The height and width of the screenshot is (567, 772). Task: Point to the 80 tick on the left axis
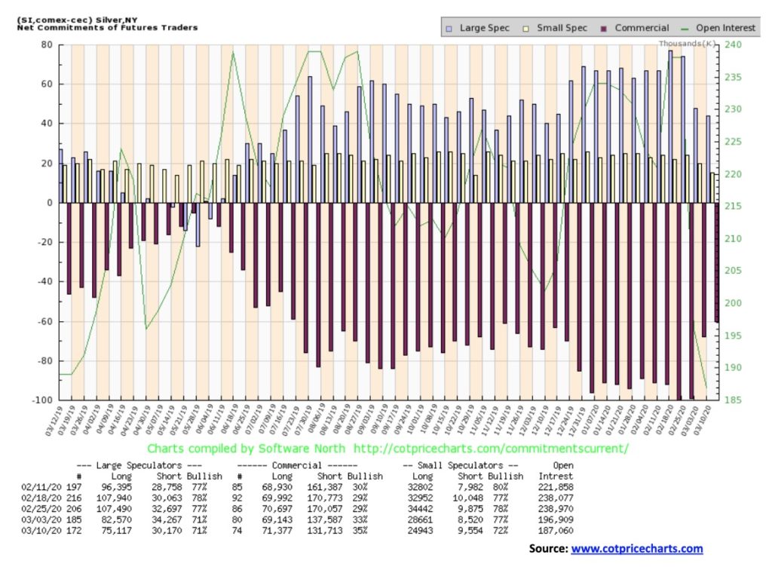click(47, 44)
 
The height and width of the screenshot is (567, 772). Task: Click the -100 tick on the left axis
click(43, 400)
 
